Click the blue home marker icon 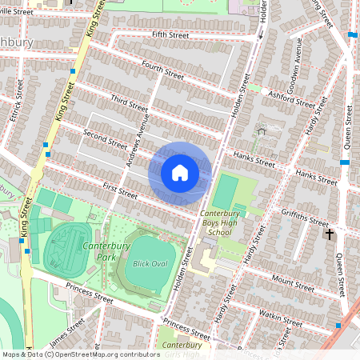pyautogui.click(x=180, y=173)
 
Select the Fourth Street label pyautogui.click(x=162, y=70)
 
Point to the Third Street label pyautogui.click(x=130, y=104)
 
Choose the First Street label pyautogui.click(x=120, y=190)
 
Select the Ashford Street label pyautogui.click(x=293, y=98)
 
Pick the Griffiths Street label pyautogui.click(x=305, y=216)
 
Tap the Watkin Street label pyautogui.click(x=282, y=320)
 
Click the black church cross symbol pyautogui.click(x=329, y=234)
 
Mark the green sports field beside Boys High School pyautogui.click(x=226, y=192)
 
